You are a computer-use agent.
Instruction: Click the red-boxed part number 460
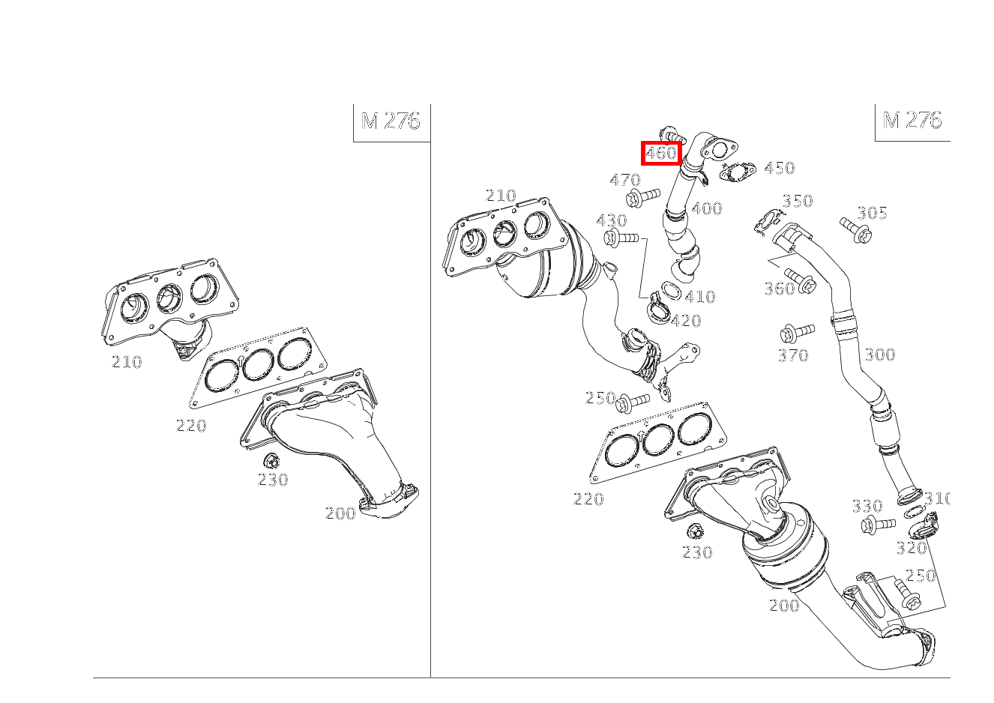[x=660, y=153]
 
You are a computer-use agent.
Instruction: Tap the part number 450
[x=779, y=168]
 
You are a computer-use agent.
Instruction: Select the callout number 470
[x=625, y=179]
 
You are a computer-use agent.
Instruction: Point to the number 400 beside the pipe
[x=706, y=208]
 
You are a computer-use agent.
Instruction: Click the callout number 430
[x=612, y=220]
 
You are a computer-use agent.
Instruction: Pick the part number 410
[x=700, y=296]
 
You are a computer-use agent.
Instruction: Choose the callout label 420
[x=686, y=320]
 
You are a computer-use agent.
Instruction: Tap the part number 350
[x=798, y=200]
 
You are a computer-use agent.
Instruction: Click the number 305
[x=872, y=213]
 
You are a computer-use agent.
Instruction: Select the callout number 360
[x=780, y=289]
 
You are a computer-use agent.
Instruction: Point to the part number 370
[x=793, y=354]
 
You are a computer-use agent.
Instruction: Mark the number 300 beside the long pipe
[x=880, y=354]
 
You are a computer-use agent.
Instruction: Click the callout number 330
[x=867, y=506]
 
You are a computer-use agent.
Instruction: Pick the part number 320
[x=912, y=548]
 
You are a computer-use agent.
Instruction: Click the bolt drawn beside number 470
[x=642, y=197]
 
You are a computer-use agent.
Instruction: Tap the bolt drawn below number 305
[x=856, y=230]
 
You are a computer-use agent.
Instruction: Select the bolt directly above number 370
[x=797, y=333]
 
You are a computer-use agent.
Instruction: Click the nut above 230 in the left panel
[x=271, y=461]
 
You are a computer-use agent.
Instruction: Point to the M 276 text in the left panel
[x=391, y=121]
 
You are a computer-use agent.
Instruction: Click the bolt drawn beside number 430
[x=621, y=238]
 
